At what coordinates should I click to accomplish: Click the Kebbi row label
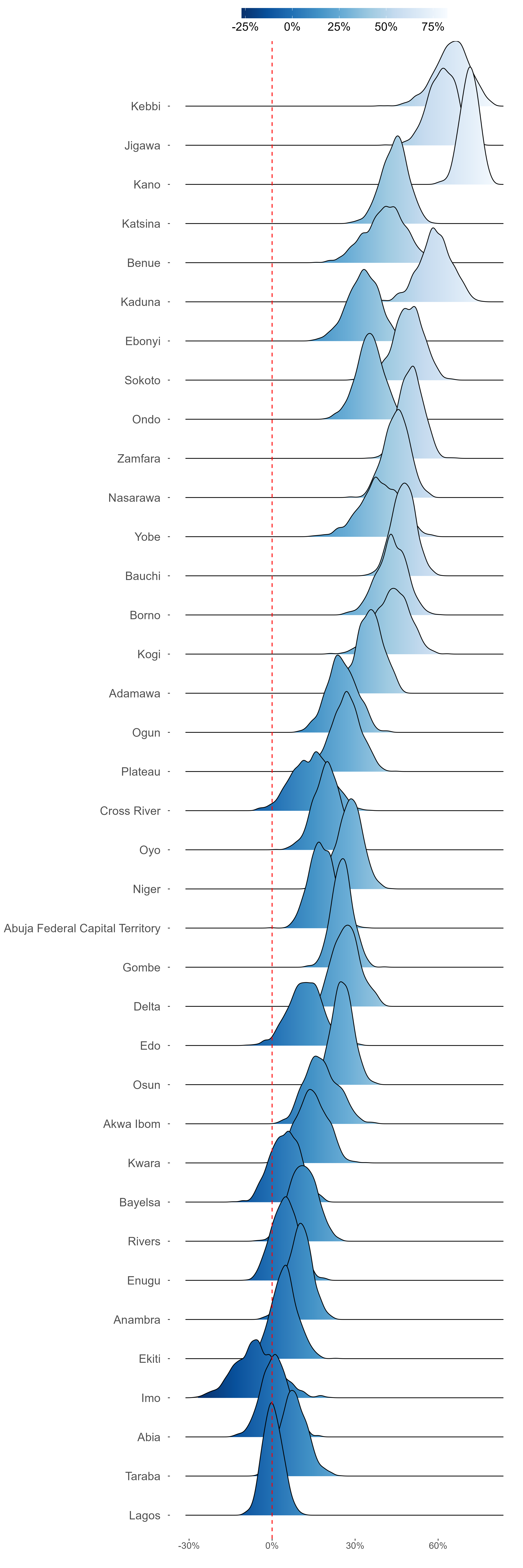coord(146,106)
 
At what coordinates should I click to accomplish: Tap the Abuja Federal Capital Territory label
coord(82,928)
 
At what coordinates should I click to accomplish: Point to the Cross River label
coord(130,811)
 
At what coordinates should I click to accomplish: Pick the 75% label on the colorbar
coord(433,27)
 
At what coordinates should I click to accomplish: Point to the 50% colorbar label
coord(386,27)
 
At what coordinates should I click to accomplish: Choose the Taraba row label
coord(142,1476)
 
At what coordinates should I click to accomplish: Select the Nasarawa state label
coord(135,498)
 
